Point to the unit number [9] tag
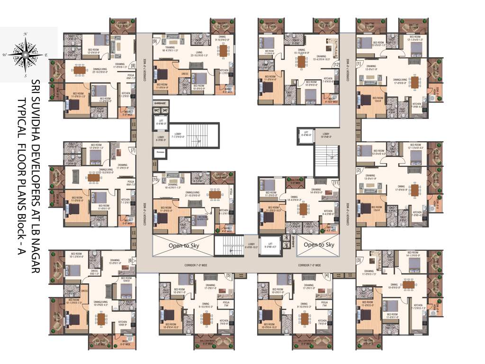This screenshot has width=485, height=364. [155, 41]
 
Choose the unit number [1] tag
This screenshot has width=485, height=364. [359, 64]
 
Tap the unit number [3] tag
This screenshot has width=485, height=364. [359, 261]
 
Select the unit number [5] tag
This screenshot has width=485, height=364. [228, 275]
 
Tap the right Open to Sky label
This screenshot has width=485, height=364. [319, 245]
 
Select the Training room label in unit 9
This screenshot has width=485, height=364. [170, 47]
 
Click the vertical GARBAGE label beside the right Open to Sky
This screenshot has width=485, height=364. [292, 239]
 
